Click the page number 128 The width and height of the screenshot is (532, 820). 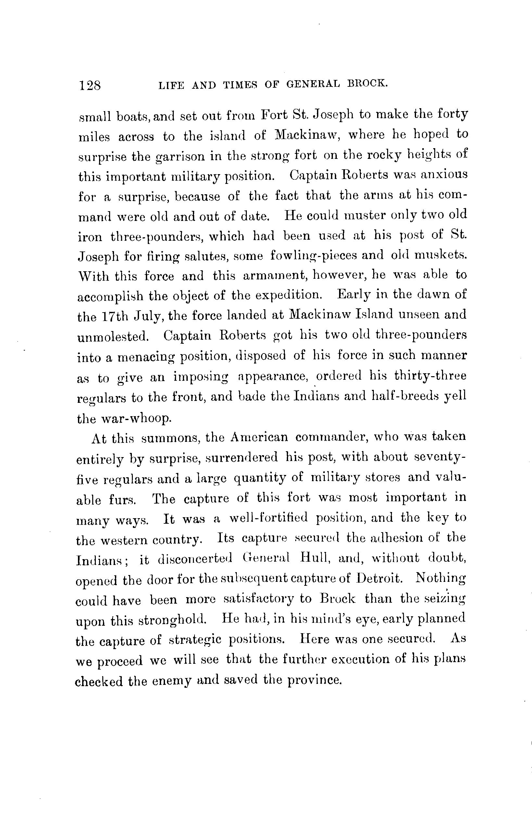(90, 85)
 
